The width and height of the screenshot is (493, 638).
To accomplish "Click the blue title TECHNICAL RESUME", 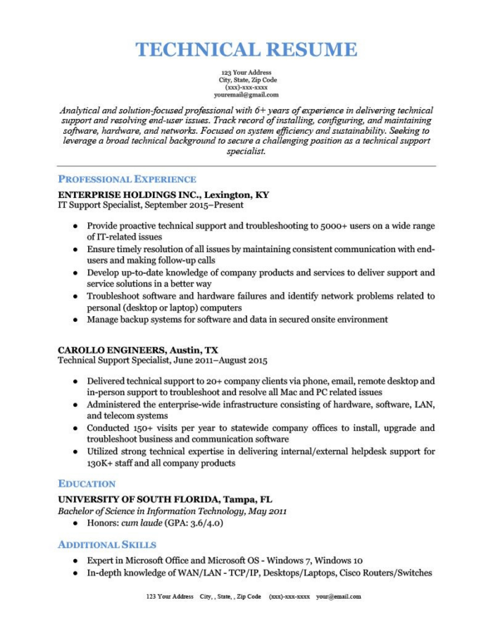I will (x=246, y=50).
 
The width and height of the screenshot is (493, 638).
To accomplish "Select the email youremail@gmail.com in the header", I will (x=246, y=94).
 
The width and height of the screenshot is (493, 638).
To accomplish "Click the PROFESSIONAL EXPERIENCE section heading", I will (x=127, y=179).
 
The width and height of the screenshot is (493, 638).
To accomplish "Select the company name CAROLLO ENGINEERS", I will (x=112, y=349).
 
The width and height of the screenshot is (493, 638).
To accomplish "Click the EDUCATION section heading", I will (x=87, y=484).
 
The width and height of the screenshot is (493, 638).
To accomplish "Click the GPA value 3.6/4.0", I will (x=204, y=523).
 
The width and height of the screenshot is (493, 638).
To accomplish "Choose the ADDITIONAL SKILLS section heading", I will (x=107, y=544).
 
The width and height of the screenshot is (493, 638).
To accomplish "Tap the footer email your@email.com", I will (x=338, y=596).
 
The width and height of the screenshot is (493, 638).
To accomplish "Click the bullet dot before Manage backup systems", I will (x=75, y=320).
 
